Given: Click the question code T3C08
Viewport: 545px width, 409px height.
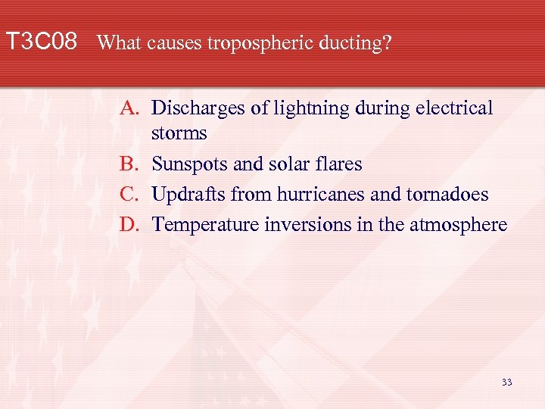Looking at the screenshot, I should point(41,41).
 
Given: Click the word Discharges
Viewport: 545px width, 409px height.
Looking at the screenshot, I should point(199,108).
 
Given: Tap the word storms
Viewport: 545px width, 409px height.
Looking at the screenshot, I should point(179,133).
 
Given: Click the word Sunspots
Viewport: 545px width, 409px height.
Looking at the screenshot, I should point(186,164).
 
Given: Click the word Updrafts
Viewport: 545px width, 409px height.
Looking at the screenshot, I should point(188,195).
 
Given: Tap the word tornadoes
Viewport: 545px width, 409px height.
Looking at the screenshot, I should point(448,194).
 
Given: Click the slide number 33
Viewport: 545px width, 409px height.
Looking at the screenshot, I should point(506,382).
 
